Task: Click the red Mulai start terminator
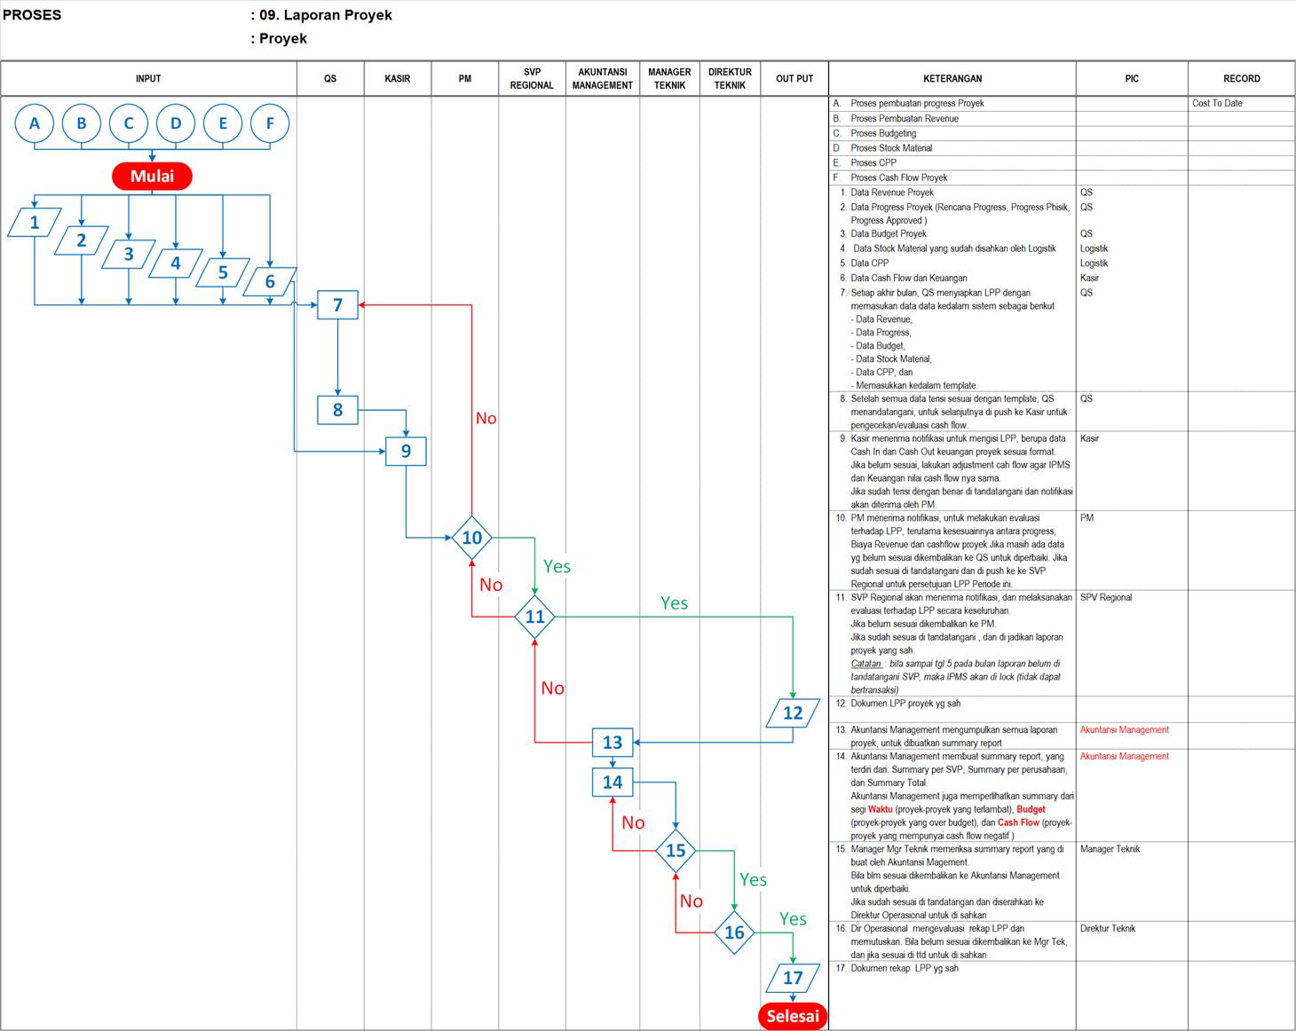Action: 152,176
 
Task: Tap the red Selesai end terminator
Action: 792,1016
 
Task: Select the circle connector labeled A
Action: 35,123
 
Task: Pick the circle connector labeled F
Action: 270,123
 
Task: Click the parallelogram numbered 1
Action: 35,222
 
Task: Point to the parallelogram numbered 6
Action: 270,281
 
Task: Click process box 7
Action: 337,304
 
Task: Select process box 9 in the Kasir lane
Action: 406,451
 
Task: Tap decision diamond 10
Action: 471,537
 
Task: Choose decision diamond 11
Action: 534,616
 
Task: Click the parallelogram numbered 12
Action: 792,712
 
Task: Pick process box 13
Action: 612,742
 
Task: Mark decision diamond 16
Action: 734,932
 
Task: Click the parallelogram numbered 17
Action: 792,978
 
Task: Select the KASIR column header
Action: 398,79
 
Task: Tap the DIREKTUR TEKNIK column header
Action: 730,79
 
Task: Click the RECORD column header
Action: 1241,79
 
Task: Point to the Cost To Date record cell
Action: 1217,103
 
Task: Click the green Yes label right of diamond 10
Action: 557,566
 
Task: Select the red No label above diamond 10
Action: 486,418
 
